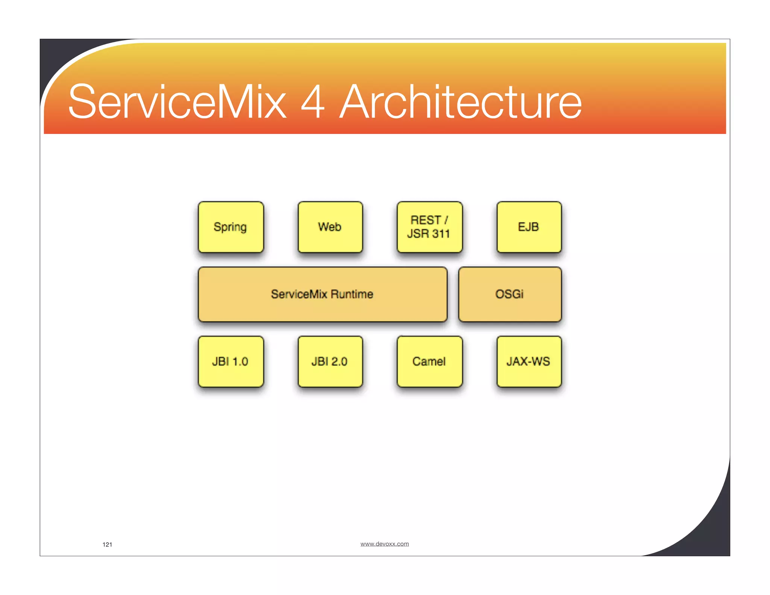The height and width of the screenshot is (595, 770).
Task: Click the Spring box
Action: pos(231,227)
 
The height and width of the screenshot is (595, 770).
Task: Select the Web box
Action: pos(330,227)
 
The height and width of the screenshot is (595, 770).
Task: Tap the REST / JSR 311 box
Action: pos(429,227)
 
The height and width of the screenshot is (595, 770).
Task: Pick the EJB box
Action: pos(529,227)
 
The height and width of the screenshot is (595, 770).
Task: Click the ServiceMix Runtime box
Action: pos(323,294)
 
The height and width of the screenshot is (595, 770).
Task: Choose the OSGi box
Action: pos(510,294)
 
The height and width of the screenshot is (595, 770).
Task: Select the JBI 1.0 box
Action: pos(231,361)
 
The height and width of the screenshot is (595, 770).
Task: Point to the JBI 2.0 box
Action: pos(330,361)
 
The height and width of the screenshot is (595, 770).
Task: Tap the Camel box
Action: pos(429,361)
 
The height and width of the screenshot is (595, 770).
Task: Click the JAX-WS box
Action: pos(529,361)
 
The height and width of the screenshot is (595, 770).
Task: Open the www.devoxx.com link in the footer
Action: pos(384,544)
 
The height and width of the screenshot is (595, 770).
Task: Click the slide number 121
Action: pos(107,545)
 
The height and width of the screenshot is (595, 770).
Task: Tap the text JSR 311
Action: pos(429,234)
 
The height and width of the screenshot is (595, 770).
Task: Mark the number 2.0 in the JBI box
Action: pos(339,362)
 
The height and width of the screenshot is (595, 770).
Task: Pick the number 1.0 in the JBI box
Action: pos(240,362)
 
